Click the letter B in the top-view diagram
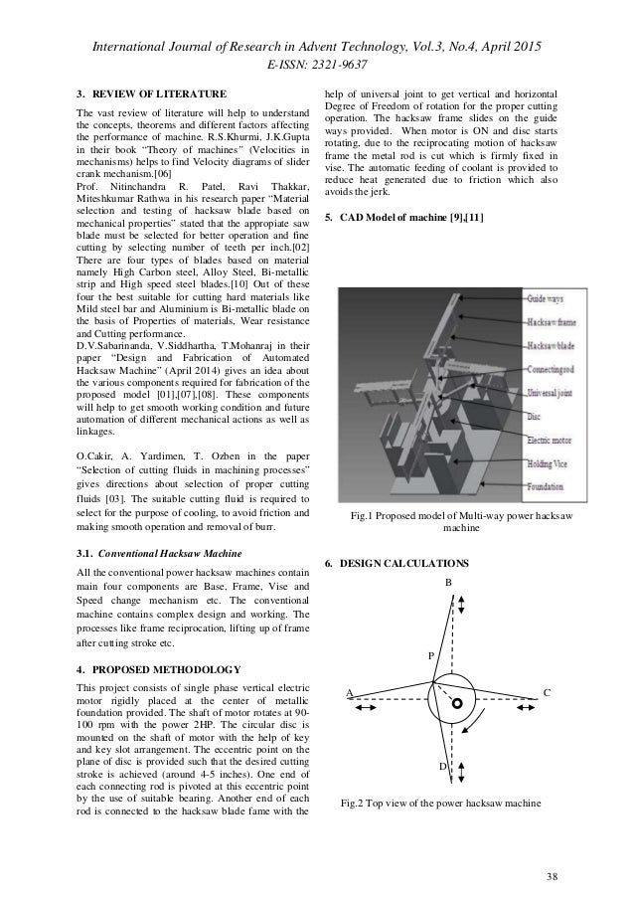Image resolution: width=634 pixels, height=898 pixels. tap(447, 582)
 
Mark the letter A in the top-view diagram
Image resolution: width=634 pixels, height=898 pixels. tap(350, 691)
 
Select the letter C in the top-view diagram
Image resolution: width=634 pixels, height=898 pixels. tap(548, 691)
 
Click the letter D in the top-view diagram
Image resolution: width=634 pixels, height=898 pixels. tap(442, 767)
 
